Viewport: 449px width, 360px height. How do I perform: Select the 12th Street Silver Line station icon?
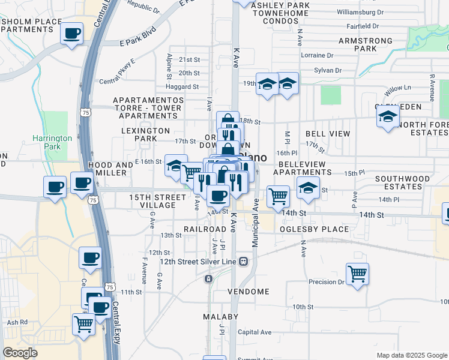coord(244,261)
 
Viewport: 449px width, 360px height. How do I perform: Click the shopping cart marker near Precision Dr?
coord(357,274)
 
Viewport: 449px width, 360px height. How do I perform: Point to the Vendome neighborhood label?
coord(249,292)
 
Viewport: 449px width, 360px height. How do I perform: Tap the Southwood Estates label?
coord(403,182)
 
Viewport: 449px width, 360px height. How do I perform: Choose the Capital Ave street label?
coord(255,332)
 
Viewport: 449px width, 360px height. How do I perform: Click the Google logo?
coord(20,353)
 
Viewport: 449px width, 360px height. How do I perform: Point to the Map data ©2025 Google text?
coord(412,355)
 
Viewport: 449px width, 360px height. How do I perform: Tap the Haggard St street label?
coord(182,86)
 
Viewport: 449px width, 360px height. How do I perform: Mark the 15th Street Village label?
coord(157,201)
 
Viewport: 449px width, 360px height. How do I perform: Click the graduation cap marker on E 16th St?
coord(175,166)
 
